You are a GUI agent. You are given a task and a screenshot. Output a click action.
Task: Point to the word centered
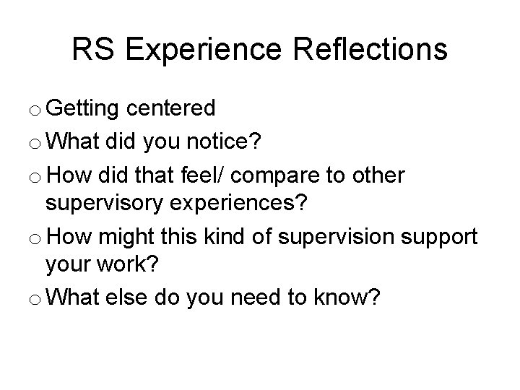(x=171, y=109)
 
